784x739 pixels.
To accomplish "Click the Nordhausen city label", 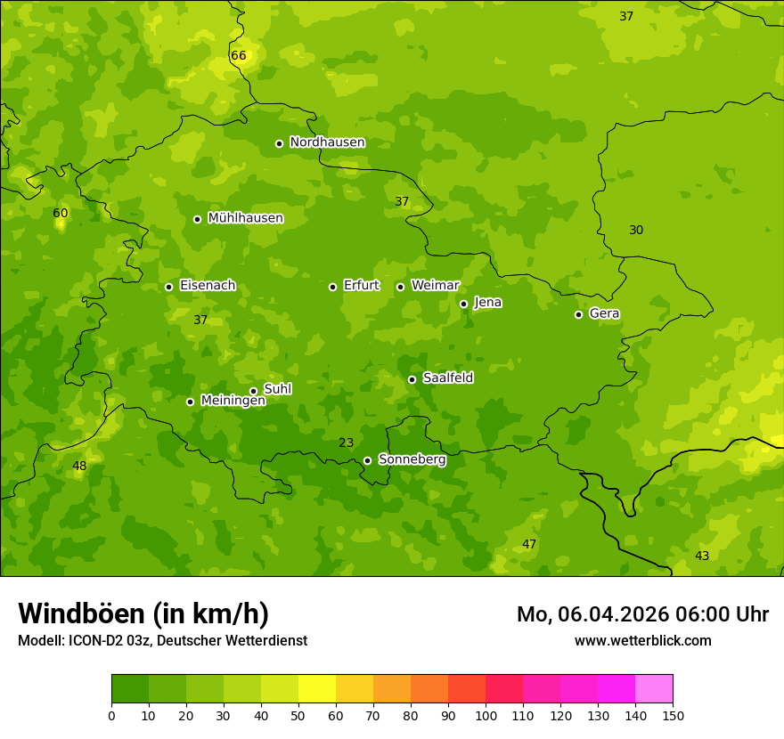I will [x=327, y=142].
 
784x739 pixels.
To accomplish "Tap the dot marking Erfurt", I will [x=332, y=287].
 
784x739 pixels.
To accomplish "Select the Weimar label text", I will [x=435, y=286].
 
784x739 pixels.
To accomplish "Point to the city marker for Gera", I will [x=578, y=314].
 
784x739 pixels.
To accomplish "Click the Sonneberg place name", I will [x=412, y=459].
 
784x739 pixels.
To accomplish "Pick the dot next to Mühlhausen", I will [x=197, y=219].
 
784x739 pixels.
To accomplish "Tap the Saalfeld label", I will [x=448, y=378].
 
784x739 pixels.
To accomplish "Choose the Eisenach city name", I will [x=208, y=286].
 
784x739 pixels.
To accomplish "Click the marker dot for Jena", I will [x=463, y=304].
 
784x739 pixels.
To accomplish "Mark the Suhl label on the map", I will [x=278, y=389].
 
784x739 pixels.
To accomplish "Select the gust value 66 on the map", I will [x=238, y=56].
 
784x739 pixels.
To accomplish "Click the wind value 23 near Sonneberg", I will [x=347, y=443].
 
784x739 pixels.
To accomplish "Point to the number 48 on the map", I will [x=79, y=467].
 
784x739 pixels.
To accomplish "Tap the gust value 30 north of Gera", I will [x=636, y=231].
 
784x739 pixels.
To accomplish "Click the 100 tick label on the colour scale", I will [x=486, y=715].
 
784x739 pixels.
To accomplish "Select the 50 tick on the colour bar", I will [x=298, y=715].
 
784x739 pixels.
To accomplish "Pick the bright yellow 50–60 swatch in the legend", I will [x=317, y=689].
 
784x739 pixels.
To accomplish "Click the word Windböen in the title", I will [x=80, y=613].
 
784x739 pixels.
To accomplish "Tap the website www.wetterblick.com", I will [x=642, y=641].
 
